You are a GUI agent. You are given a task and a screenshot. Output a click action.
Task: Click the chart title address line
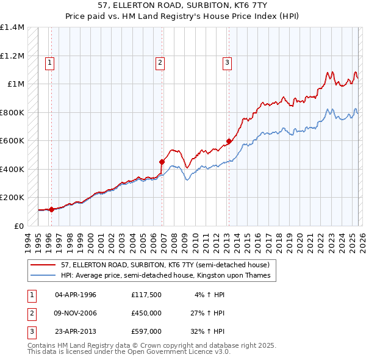tap(182, 5)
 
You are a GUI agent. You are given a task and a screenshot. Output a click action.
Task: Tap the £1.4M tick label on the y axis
tap(12, 27)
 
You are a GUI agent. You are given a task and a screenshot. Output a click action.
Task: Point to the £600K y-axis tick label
tap(12, 141)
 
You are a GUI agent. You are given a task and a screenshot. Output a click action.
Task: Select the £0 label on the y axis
tap(18, 226)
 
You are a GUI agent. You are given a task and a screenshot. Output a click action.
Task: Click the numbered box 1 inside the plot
tap(49, 62)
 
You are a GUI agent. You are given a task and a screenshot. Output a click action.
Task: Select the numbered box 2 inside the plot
tap(160, 62)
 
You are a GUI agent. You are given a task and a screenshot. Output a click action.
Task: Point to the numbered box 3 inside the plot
tap(227, 62)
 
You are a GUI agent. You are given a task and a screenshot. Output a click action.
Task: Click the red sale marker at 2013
tap(229, 142)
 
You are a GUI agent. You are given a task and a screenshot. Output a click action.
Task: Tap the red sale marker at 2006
tap(162, 162)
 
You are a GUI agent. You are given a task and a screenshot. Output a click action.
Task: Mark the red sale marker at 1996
tap(51, 209)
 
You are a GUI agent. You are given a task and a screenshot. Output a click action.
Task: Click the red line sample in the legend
tap(43, 265)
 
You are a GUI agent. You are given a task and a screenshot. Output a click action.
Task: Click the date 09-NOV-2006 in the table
tap(76, 313)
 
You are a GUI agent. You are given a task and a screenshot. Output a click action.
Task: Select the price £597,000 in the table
tap(146, 331)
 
